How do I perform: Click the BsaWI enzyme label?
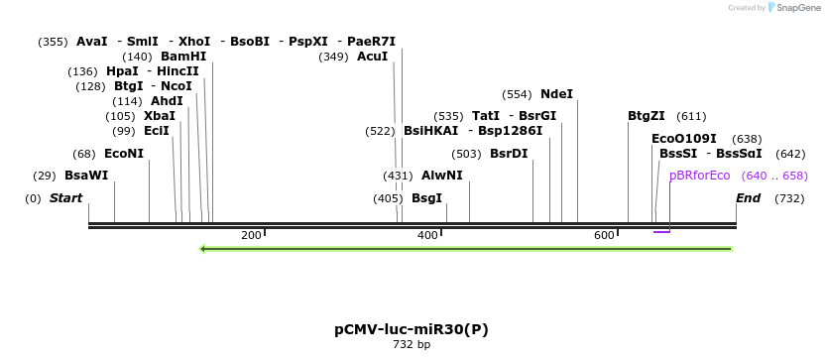click(86, 176)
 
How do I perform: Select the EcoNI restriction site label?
click(123, 154)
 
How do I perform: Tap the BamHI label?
click(183, 57)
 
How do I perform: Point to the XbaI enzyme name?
click(160, 116)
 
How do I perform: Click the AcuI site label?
click(372, 57)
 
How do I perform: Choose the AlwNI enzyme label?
click(441, 176)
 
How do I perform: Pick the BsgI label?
click(426, 198)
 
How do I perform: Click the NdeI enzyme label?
click(556, 94)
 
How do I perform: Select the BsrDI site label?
click(509, 154)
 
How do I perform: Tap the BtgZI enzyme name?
click(647, 116)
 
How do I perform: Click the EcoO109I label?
click(683, 139)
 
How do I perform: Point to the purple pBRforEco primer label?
click(699, 176)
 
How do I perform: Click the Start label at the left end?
click(65, 198)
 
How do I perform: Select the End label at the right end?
click(748, 198)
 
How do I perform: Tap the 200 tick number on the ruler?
click(251, 235)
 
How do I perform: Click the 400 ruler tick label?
click(427, 235)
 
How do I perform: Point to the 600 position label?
click(604, 235)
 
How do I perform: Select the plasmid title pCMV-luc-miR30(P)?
click(412, 329)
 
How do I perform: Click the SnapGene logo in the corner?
click(790, 8)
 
